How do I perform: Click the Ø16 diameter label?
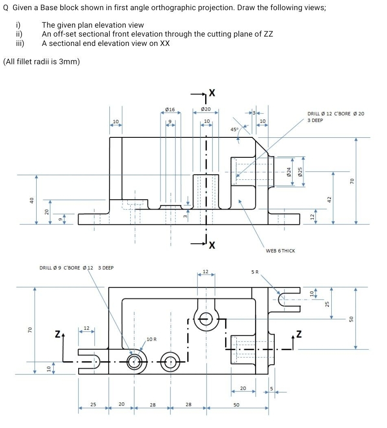170,109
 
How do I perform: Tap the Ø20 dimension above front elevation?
206,109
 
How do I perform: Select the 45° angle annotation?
234,129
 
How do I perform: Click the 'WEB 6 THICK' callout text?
280,251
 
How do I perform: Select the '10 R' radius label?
152,339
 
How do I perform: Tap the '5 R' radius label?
255,272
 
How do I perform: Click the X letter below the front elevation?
212,245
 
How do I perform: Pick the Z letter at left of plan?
58,335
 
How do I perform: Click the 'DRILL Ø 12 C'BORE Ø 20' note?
335,114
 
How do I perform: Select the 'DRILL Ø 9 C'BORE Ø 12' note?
76,267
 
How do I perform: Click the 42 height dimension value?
329,199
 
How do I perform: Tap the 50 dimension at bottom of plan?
236,405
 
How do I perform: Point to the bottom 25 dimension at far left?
93,405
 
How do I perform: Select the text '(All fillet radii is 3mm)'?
41,62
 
